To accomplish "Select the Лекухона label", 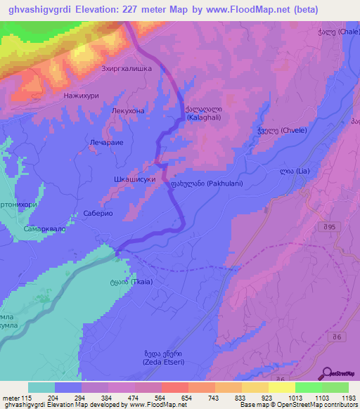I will click(128, 111).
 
